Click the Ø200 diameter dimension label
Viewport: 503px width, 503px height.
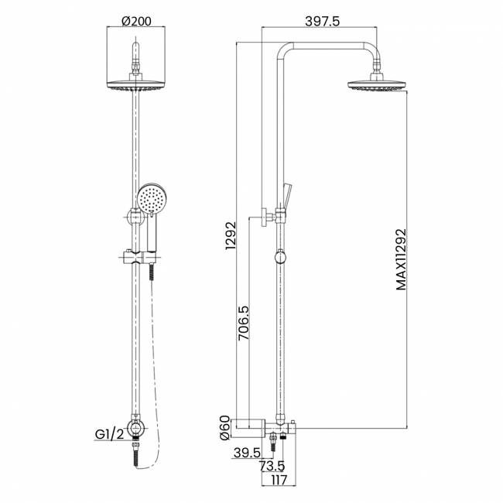coord(135,21)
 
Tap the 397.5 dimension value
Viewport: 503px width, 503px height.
coord(323,21)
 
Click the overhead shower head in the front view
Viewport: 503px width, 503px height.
coord(136,86)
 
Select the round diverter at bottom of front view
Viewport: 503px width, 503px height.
coord(136,428)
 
